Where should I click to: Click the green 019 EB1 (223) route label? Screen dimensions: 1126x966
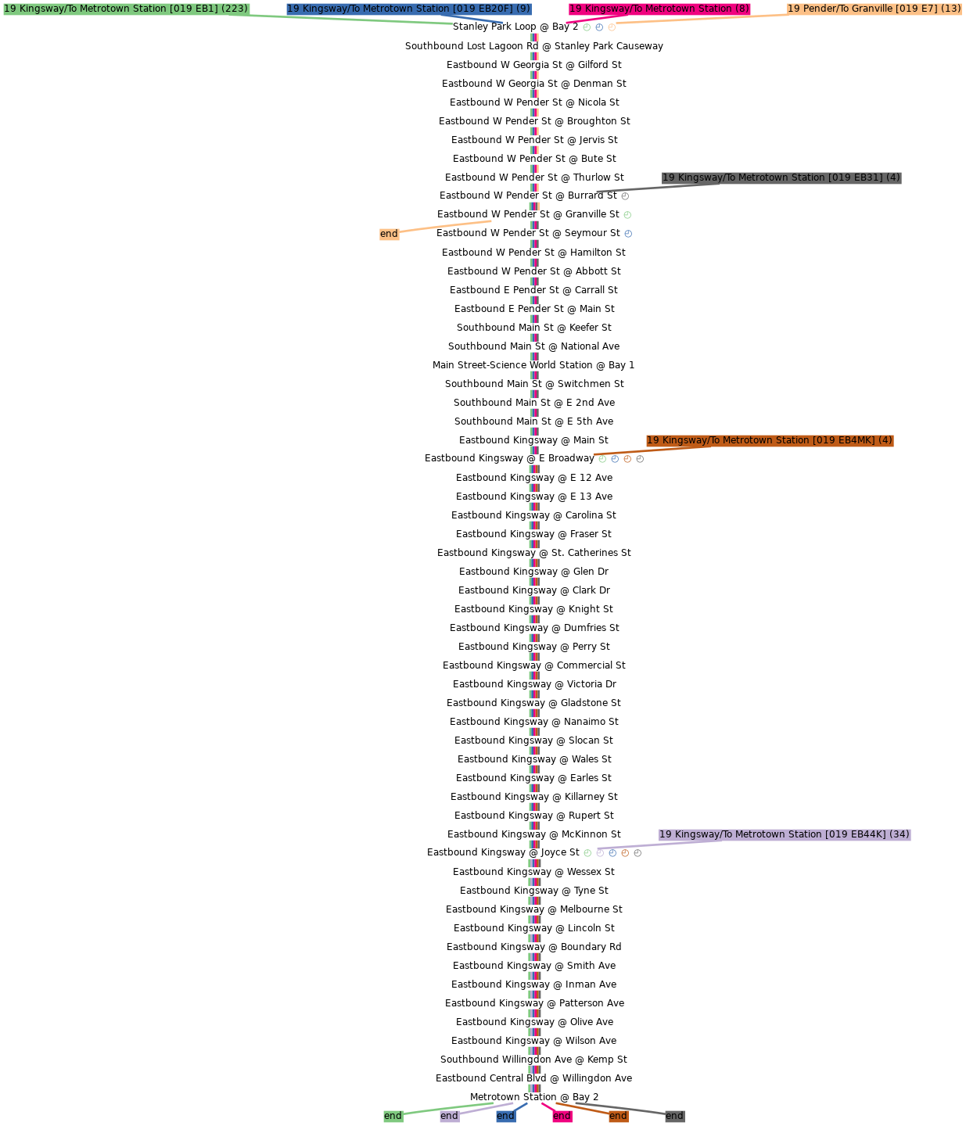(x=126, y=9)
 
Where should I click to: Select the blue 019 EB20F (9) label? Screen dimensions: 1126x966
(x=408, y=9)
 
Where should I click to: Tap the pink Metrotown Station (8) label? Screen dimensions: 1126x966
(x=659, y=9)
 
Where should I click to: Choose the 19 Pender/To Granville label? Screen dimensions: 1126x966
(x=874, y=9)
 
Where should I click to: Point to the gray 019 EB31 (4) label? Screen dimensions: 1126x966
(x=781, y=178)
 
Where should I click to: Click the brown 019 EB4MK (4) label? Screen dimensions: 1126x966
(x=770, y=440)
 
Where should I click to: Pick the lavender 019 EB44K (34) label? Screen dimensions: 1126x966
(x=785, y=834)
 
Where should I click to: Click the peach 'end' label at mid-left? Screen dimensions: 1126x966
(x=389, y=234)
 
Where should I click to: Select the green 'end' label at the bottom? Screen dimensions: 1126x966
(x=393, y=1116)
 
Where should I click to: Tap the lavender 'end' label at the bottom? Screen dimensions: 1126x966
(x=449, y=1116)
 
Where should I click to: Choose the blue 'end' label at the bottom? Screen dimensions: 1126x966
(x=505, y=1116)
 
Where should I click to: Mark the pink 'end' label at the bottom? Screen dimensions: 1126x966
(x=562, y=1116)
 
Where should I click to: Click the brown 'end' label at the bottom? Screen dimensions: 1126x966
(x=618, y=1116)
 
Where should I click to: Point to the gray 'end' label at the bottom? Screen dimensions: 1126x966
(x=674, y=1116)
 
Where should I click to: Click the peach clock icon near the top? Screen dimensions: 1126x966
(x=612, y=27)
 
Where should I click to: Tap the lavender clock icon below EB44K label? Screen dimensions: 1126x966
(x=600, y=853)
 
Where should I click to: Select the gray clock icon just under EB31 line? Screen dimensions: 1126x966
(x=625, y=196)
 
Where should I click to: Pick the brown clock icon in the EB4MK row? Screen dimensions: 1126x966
(x=627, y=459)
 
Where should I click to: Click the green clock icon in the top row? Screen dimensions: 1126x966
(x=587, y=27)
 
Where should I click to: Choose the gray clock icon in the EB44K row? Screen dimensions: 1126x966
(x=637, y=853)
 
